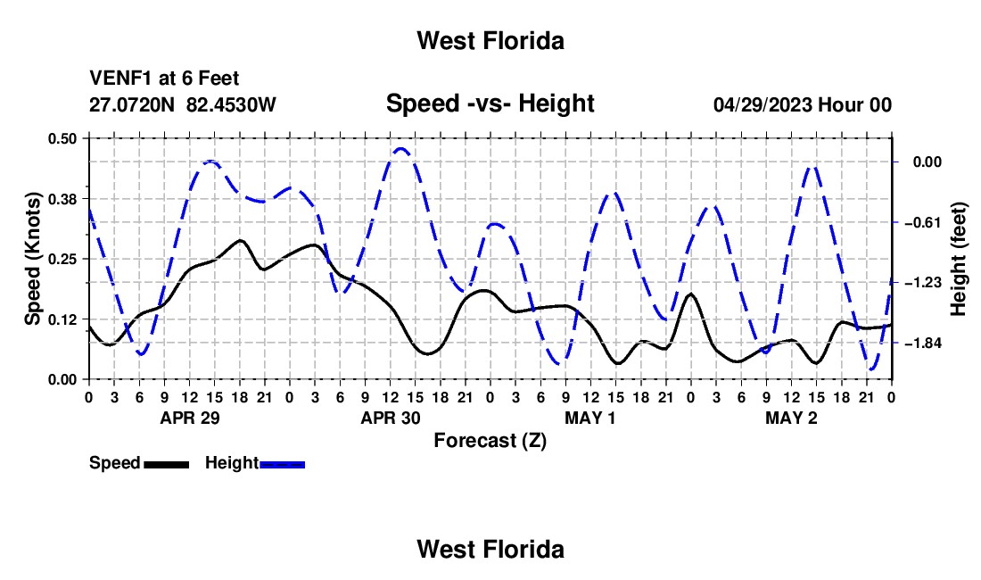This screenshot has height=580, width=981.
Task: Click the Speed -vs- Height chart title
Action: pyautogui.click(x=490, y=104)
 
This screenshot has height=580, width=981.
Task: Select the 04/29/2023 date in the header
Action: pyautogui.click(x=763, y=104)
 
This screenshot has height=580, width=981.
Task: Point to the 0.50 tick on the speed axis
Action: pyautogui.click(x=62, y=138)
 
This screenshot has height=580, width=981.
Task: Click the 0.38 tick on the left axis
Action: pyautogui.click(x=62, y=199)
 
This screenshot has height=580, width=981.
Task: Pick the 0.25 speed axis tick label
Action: pyautogui.click(x=62, y=259)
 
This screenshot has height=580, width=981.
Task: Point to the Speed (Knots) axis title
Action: pyautogui.click(x=32, y=259)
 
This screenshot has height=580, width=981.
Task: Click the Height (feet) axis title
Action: pyautogui.click(x=959, y=259)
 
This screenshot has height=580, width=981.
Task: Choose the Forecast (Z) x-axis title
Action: pyautogui.click(x=490, y=441)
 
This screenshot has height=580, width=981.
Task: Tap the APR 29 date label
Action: pyautogui.click(x=190, y=418)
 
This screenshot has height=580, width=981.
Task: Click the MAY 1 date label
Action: pyautogui.click(x=590, y=418)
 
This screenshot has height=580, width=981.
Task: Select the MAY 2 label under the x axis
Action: pyautogui.click(x=791, y=418)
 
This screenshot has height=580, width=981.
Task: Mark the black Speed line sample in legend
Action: pyautogui.click(x=167, y=464)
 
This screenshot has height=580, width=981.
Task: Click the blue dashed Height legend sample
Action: pyautogui.click(x=282, y=464)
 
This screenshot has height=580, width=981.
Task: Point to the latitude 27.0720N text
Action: pyautogui.click(x=132, y=104)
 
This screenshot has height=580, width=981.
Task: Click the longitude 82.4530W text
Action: pyautogui.click(x=231, y=104)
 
